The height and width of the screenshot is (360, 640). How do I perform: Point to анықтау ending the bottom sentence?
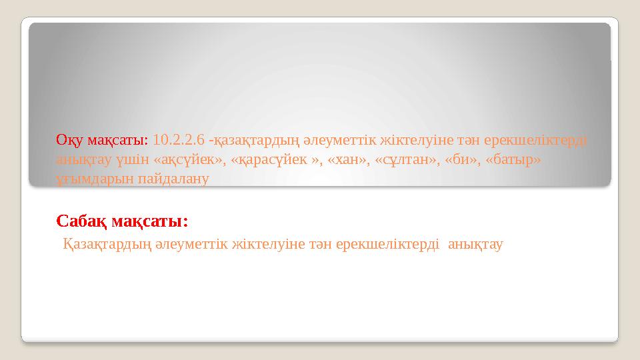pyautogui.click(x=476, y=245)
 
